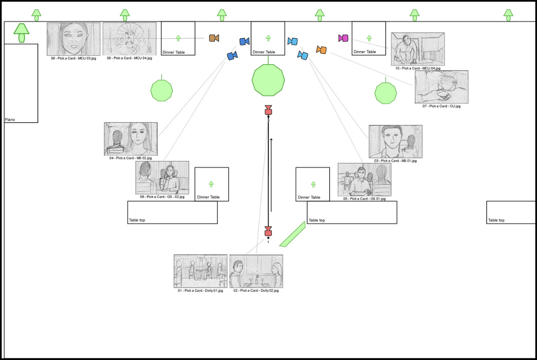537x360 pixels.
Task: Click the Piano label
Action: [10, 120]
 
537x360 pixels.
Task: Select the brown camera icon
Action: [214, 38]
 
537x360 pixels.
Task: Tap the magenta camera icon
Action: [344, 38]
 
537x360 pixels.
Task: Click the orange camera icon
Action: [321, 50]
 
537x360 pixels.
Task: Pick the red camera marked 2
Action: [268, 110]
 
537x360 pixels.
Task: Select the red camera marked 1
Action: [268, 232]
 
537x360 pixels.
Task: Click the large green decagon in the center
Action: [268, 80]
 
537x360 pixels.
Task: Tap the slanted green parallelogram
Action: [292, 234]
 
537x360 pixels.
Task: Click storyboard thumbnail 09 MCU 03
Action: [73, 39]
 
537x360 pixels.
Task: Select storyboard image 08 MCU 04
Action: [129, 39]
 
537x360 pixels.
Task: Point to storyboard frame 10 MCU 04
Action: [418, 49]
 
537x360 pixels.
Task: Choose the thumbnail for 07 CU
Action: [441, 87]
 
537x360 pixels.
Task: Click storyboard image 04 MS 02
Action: [130, 139]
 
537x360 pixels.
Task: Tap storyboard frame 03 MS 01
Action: [396, 141]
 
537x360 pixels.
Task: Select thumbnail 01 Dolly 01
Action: [201, 271]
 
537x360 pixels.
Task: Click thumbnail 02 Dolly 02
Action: [256, 271]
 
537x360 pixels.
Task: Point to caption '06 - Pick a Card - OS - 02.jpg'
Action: [162, 197]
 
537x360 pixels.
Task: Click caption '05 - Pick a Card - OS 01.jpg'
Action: [364, 199]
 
